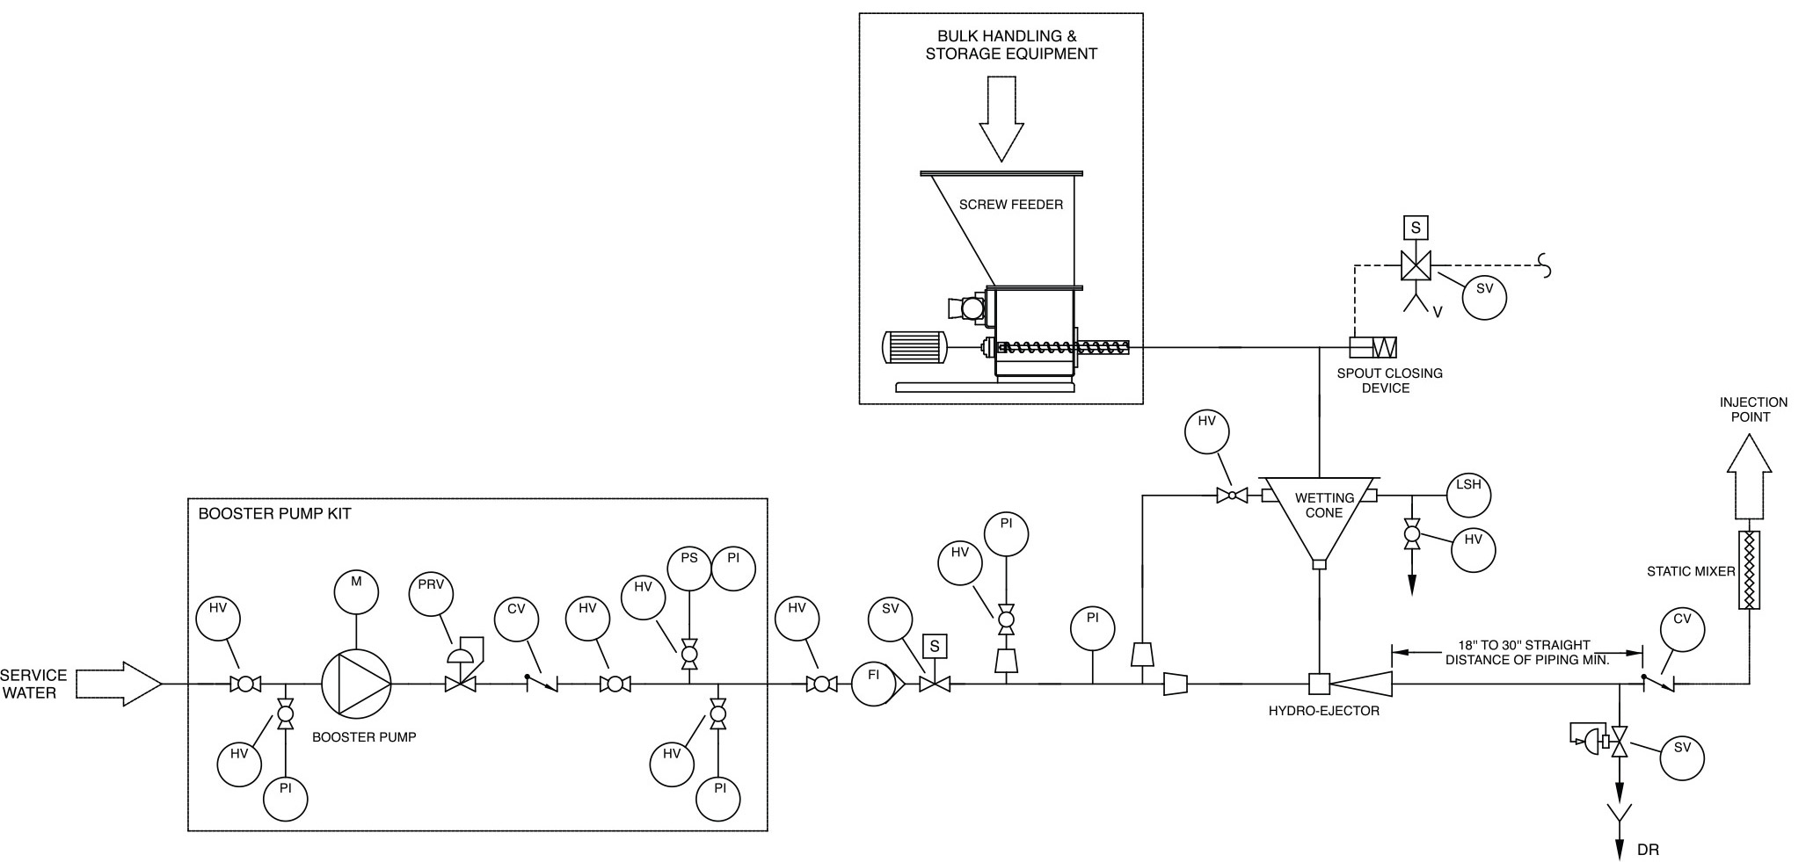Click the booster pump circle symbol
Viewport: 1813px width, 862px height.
tap(356, 684)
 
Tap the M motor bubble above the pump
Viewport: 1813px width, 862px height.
tap(356, 592)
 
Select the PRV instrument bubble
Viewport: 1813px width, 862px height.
tap(431, 594)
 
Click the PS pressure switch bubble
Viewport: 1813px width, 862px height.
tap(689, 569)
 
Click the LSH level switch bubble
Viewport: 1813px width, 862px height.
tap(1468, 495)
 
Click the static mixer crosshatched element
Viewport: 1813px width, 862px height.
tap(1750, 570)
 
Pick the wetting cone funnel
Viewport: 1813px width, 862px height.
tap(1319, 518)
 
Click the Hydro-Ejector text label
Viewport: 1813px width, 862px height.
tap(1323, 711)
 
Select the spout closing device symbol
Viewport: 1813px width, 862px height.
tap(1373, 347)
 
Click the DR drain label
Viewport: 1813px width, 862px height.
tap(1648, 850)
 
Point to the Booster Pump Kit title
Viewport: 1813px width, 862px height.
tap(274, 514)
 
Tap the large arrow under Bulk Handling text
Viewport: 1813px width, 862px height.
tap(1001, 119)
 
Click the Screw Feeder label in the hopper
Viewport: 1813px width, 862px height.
tap(1010, 205)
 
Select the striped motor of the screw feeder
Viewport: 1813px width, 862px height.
tap(914, 347)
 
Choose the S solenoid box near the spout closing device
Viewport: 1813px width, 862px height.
tap(1416, 228)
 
